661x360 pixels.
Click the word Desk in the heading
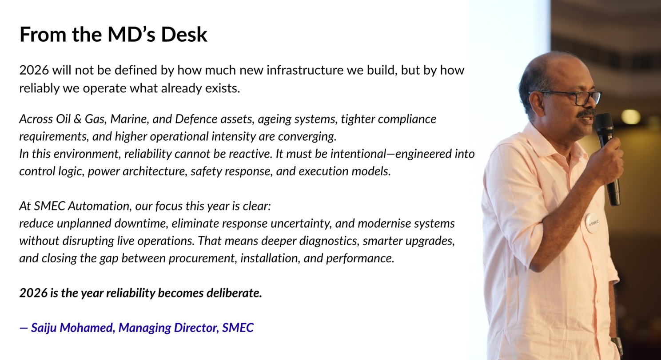[184, 35]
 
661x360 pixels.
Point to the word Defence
[196, 119]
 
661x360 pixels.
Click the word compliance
[407, 119]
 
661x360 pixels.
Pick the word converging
[307, 137]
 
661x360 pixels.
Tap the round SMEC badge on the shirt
[593, 223]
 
